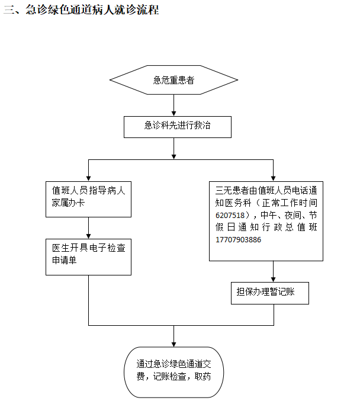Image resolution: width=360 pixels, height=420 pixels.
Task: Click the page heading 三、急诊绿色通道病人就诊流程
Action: coord(81,10)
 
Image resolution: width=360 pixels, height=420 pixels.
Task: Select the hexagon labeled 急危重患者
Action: coord(173,80)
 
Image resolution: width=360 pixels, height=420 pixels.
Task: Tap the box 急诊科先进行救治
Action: coord(177,126)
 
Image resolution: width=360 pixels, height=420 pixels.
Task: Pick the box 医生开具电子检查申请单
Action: coord(88,255)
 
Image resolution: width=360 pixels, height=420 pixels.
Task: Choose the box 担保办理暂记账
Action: coord(269,292)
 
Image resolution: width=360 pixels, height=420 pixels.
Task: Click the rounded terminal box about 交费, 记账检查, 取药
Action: coord(173,371)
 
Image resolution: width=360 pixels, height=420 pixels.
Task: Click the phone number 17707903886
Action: coord(239,240)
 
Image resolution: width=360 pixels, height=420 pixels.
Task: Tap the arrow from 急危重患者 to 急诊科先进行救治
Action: coord(173,105)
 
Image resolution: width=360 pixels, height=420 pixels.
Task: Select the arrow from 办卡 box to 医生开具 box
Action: coord(88,228)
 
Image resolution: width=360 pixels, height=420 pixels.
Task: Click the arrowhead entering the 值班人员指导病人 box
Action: coord(88,177)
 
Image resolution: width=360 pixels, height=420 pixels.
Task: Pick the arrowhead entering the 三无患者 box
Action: coord(273,177)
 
